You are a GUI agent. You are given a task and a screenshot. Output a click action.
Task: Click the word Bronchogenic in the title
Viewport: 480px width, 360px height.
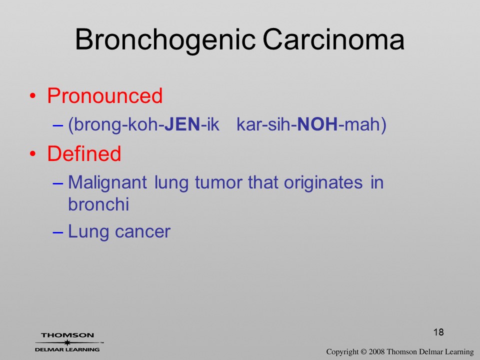pyautogui.click(x=165, y=40)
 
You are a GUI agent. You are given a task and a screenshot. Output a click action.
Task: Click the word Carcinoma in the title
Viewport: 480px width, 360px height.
pyautogui.click(x=333, y=39)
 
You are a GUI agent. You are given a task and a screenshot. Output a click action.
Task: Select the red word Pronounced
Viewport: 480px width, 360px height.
pyautogui.click(x=104, y=96)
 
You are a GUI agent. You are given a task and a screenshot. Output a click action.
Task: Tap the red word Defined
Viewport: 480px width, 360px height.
pyautogui.click(x=84, y=153)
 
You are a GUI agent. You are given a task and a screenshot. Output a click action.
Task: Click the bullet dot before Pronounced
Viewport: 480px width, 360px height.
pyautogui.click(x=33, y=96)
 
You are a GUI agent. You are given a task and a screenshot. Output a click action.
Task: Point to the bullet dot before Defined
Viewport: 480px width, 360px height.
pyautogui.click(x=33, y=153)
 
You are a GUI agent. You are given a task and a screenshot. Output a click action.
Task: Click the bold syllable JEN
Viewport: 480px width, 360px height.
pyautogui.click(x=182, y=124)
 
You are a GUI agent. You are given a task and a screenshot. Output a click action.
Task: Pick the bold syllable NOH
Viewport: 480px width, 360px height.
pyautogui.click(x=317, y=124)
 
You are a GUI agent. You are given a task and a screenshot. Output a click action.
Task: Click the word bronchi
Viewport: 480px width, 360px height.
pyautogui.click(x=98, y=204)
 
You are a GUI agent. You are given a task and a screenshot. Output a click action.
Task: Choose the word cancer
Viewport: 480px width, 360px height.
pyautogui.click(x=142, y=232)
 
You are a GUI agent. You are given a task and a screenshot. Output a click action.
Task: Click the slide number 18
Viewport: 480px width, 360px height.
pyautogui.click(x=438, y=332)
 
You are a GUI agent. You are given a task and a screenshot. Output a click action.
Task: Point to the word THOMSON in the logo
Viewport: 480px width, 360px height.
pyautogui.click(x=67, y=335)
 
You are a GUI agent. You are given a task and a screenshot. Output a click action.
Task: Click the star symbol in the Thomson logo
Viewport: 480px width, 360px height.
pyautogui.click(x=67, y=342)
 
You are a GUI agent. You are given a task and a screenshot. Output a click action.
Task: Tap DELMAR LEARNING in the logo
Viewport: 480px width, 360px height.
pyautogui.click(x=67, y=349)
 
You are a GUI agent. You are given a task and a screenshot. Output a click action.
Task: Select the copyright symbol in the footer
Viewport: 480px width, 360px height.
pyautogui.click(x=363, y=352)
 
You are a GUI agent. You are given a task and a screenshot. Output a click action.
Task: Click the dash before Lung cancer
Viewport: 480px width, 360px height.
pyautogui.click(x=58, y=232)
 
